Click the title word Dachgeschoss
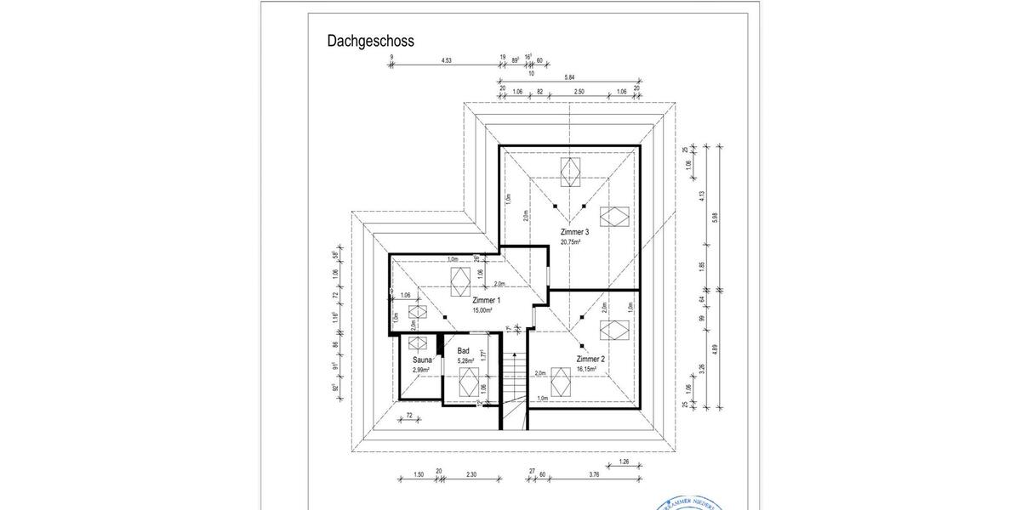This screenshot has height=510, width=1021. pos(371,41)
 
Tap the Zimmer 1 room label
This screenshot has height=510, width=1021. pos(486,301)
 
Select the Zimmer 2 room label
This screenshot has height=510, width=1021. pos(590,359)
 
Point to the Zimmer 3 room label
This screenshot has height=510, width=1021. pos(574,232)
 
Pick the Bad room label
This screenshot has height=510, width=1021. pos(464,350)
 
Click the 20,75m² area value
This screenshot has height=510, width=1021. pos(570,241)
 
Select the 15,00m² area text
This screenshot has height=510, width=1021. pos(484,310)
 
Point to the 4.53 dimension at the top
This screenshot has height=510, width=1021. pos(447,60)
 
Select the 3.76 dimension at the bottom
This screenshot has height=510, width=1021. pos(594,476)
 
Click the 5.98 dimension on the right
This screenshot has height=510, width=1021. pos(714,217)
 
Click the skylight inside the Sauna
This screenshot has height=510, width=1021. pos(417,343)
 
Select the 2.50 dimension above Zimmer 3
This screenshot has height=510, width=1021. pos(579,92)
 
